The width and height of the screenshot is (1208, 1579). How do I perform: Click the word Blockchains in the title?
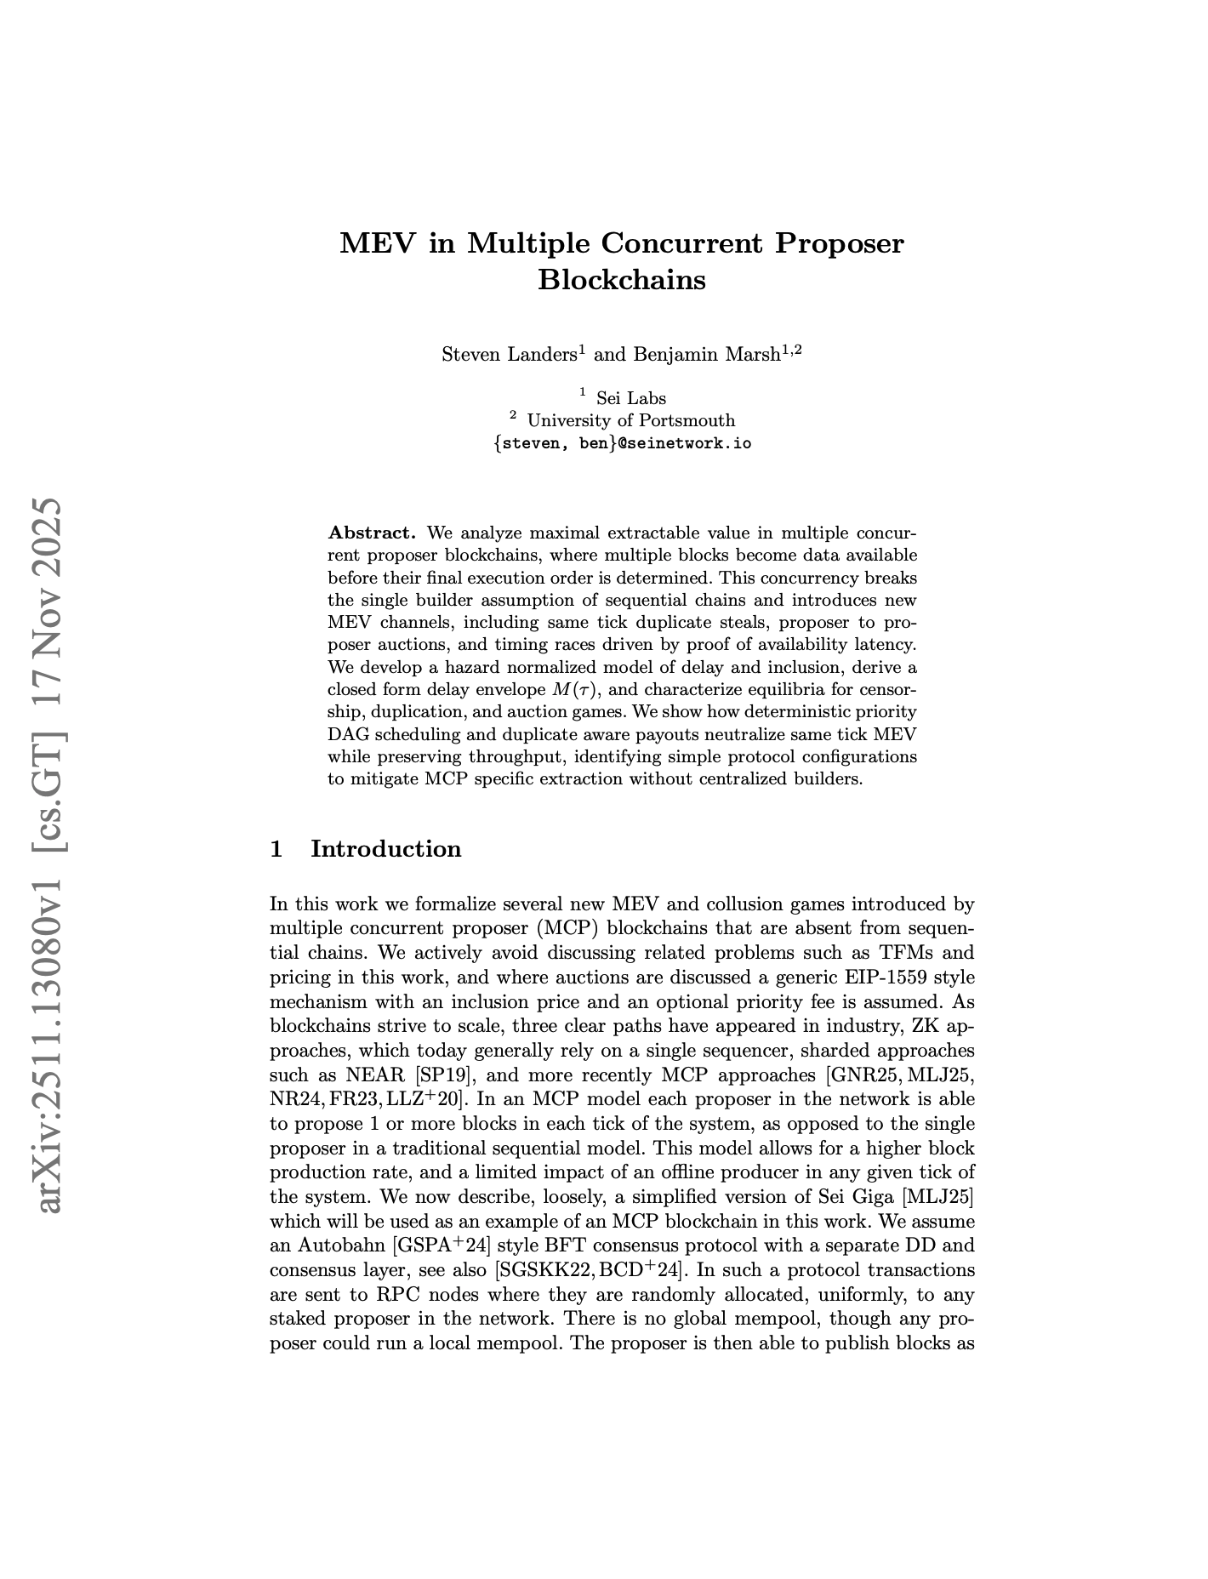(621, 279)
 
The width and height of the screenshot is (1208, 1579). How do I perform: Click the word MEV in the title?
(376, 243)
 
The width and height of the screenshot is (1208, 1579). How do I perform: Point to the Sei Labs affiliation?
(630, 398)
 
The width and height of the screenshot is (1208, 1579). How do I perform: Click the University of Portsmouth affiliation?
(630, 420)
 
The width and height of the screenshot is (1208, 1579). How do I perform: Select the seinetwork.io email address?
(622, 443)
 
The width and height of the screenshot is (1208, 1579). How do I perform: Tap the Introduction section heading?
(386, 848)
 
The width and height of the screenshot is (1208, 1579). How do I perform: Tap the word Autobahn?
(339, 1247)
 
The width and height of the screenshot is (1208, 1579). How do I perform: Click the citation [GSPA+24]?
(441, 1247)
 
